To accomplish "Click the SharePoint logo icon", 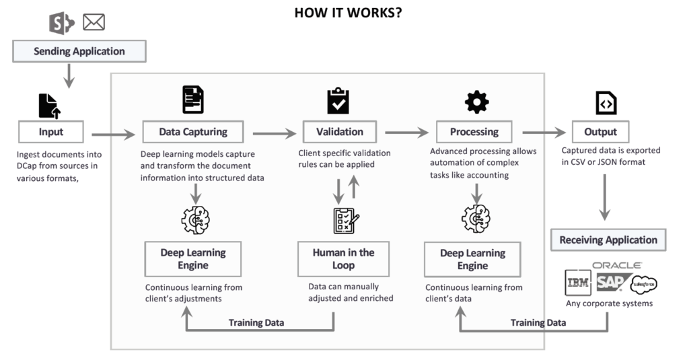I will [62, 22].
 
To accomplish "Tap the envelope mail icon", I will [94, 22].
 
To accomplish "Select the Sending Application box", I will [79, 51].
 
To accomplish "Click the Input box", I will [50, 132].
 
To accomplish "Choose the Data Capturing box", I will [193, 132].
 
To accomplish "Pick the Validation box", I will [339, 132].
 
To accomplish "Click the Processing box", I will [474, 132].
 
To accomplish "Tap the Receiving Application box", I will [608, 240].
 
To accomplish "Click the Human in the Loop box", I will [343, 259].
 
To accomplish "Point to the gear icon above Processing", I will [476, 102].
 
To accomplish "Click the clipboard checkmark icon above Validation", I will [338, 100].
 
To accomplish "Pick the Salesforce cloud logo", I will [643, 285].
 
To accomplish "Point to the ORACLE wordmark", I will [616, 265].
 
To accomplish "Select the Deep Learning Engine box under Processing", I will [472, 260].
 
